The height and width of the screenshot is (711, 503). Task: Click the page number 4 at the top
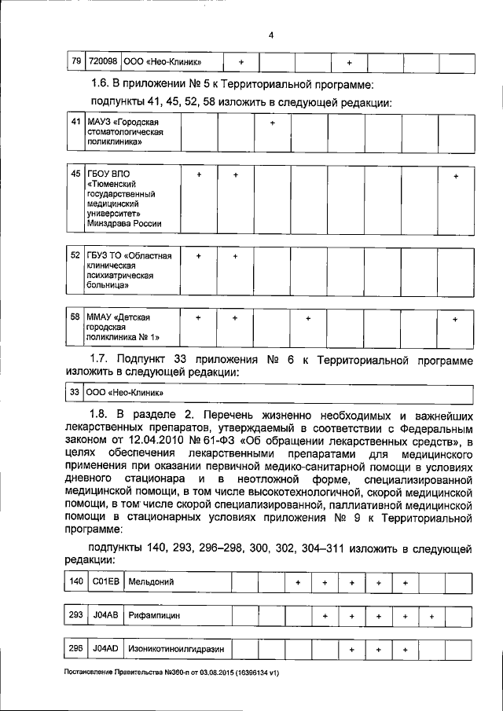point(270,35)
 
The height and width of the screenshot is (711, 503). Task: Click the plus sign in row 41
point(272,123)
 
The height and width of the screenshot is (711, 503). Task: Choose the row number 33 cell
point(75,392)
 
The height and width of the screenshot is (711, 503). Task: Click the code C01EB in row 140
point(105,582)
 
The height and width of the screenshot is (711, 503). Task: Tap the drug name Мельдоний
point(152,582)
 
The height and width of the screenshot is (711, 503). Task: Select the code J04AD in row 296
point(105,650)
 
